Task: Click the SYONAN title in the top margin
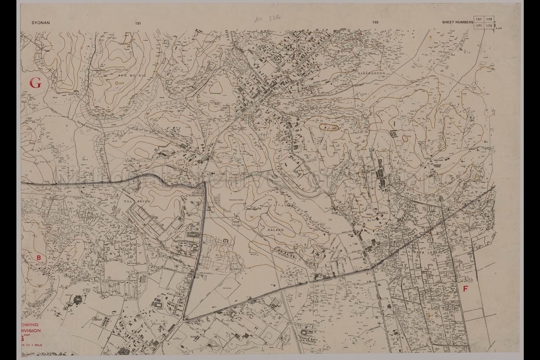pyautogui.click(x=41, y=23)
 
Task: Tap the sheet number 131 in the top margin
pyautogui.click(x=138, y=23)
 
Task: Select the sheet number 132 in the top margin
pyautogui.click(x=375, y=22)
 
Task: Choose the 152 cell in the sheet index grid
pyautogui.click(x=489, y=19)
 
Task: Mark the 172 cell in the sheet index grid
pyautogui.click(x=489, y=26)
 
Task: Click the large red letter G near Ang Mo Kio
pyautogui.click(x=35, y=83)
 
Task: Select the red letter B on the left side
pyautogui.click(x=39, y=258)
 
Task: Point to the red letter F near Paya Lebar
pyautogui.click(x=465, y=289)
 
